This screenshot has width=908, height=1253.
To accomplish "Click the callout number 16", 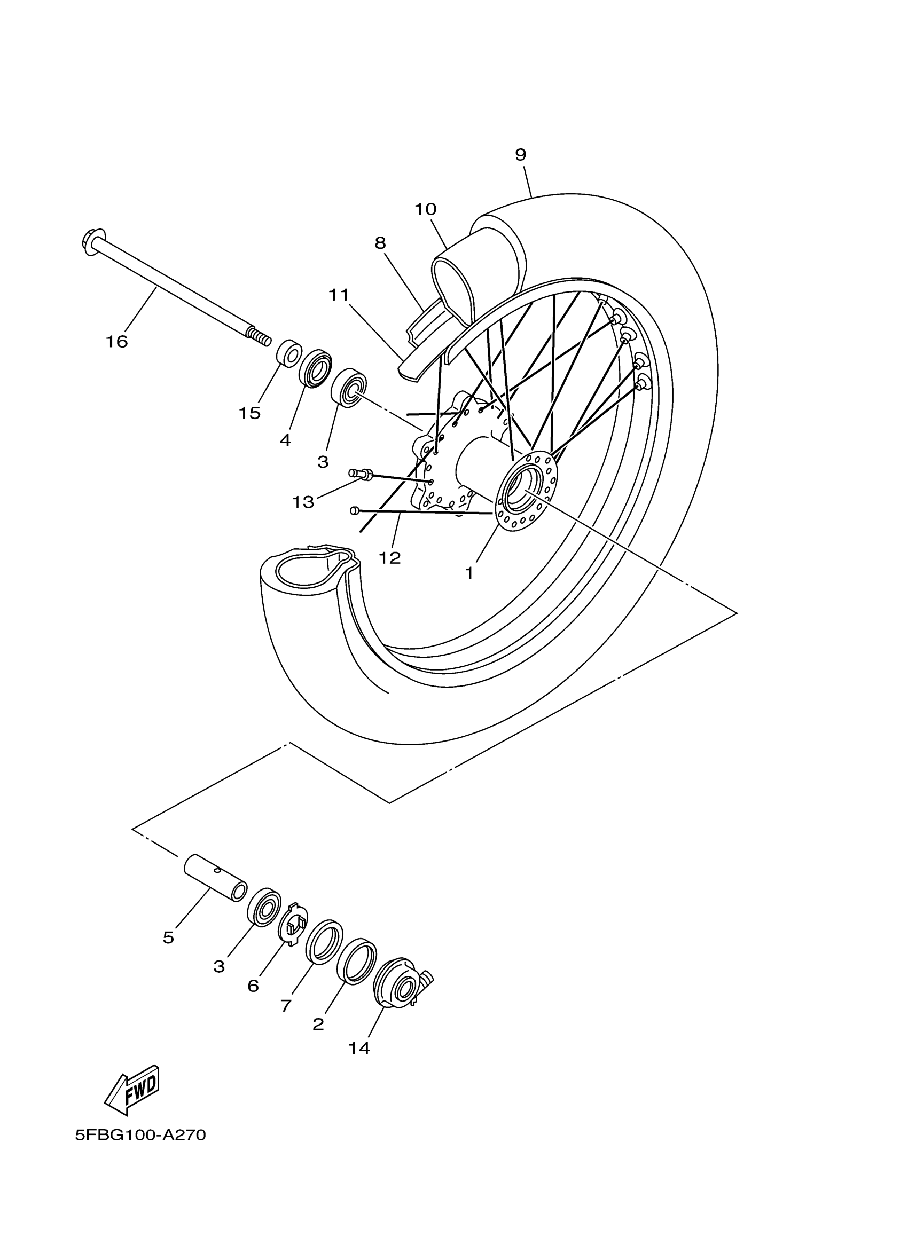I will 116,342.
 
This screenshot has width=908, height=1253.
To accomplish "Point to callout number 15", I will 249,413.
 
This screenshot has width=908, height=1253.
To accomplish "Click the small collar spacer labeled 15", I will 289,353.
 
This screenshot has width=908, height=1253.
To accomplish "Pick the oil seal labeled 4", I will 316,368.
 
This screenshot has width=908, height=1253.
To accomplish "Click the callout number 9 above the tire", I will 521,155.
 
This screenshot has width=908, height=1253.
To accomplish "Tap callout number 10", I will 426,209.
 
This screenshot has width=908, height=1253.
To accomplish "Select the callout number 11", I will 339,295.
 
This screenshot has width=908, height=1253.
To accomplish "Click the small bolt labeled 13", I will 360,474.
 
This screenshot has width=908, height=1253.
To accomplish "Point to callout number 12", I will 389,558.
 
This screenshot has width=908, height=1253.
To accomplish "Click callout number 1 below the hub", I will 469,573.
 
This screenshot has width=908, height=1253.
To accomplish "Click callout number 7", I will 286,1006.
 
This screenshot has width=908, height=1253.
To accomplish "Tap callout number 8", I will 380,243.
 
